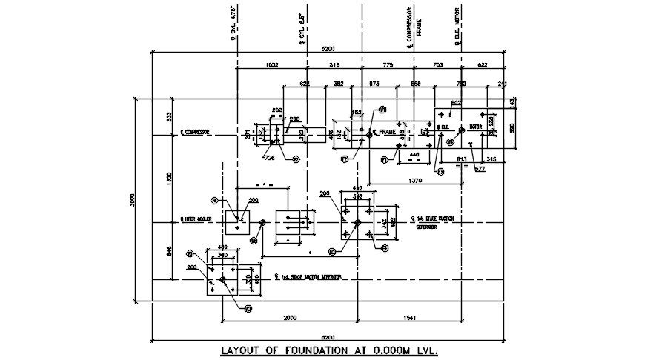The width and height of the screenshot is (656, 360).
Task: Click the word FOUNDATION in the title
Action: click(306, 350)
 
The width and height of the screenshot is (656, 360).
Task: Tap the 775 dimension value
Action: click(387, 66)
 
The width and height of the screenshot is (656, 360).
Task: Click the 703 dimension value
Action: click(437, 66)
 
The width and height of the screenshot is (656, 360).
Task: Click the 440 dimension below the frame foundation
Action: click(414, 154)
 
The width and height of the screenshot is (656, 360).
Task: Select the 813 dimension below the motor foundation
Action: click(461, 159)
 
